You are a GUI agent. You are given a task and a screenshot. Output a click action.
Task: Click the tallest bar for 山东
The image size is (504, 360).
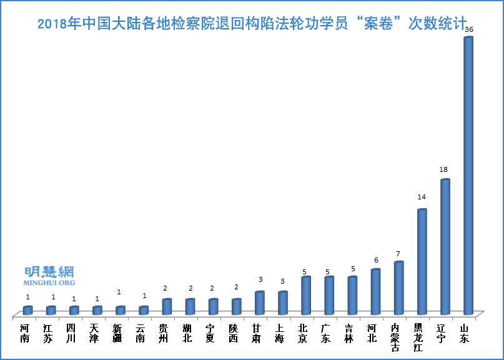pyautogui.click(x=468, y=175)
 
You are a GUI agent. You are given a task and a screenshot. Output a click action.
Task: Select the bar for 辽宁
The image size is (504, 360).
pyautogui.click(x=445, y=247)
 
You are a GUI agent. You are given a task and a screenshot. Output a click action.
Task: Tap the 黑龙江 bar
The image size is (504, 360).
pyautogui.click(x=422, y=262)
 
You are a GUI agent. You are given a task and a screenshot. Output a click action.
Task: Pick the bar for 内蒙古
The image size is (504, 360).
pyautogui.click(x=399, y=288)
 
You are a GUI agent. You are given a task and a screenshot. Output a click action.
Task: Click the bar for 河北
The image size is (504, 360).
pyautogui.click(x=376, y=292)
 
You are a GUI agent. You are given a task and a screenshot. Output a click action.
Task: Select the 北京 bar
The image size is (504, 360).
pyautogui.click(x=306, y=296)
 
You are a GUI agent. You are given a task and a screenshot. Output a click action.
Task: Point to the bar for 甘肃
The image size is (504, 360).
pyautogui.click(x=260, y=303)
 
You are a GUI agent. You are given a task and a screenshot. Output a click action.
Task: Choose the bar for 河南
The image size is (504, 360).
pyautogui.click(x=27, y=311)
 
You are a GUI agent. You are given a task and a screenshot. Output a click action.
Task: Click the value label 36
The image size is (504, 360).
pyautogui.click(x=469, y=29)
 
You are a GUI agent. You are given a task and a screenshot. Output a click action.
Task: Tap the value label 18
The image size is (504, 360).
pyautogui.click(x=444, y=169)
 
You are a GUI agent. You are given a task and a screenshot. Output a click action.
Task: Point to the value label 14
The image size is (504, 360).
pyautogui.click(x=422, y=197)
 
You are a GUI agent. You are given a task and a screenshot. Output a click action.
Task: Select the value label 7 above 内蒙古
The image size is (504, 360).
pyautogui.click(x=397, y=254)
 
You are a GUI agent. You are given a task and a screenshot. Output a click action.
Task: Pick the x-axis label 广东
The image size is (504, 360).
pyautogui.click(x=325, y=334)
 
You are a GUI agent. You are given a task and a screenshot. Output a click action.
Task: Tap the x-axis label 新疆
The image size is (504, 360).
pyautogui.click(x=117, y=334)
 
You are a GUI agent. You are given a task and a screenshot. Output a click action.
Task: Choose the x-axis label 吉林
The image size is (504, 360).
pyautogui.click(x=348, y=334)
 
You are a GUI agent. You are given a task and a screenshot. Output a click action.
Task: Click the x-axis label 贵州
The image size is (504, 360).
pyautogui.click(x=163, y=334)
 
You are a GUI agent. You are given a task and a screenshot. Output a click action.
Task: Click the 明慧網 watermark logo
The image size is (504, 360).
pyautogui.click(x=49, y=272)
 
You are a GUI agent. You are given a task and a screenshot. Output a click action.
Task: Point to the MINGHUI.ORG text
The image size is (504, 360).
pyautogui.click(x=49, y=283)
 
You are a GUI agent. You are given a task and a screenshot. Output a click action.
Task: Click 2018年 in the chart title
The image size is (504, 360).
pyautogui.click(x=58, y=24)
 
